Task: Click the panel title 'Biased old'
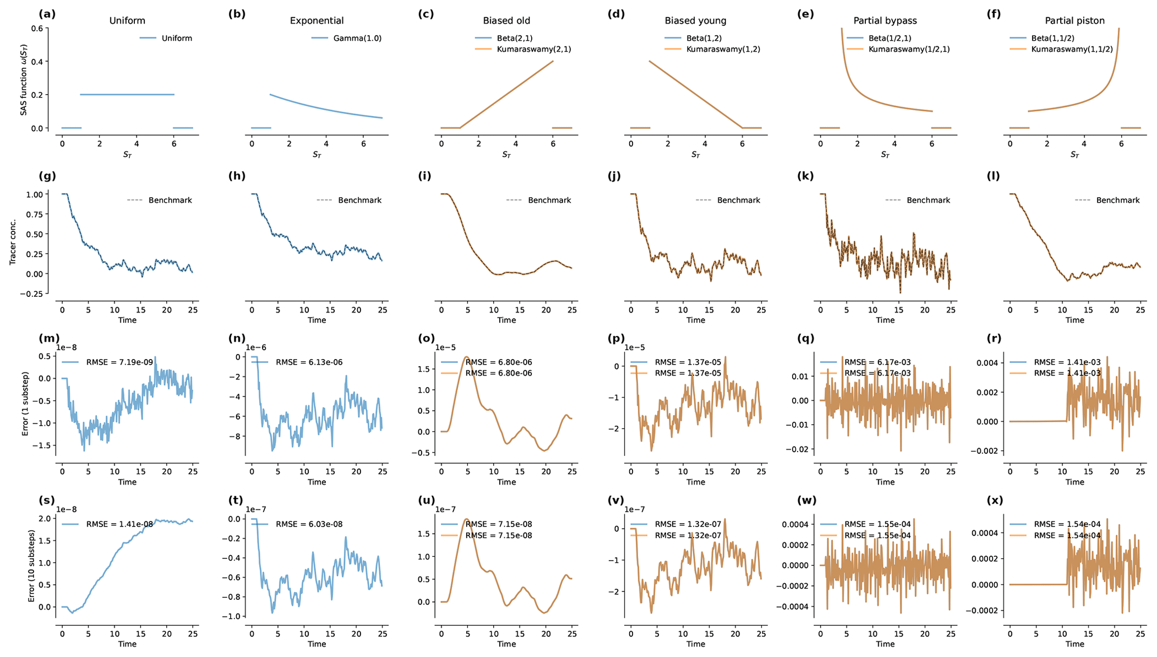click(506, 21)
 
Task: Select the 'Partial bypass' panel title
click(885, 21)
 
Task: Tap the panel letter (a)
click(47, 14)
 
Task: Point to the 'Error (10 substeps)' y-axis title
click(32, 566)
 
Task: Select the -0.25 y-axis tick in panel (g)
click(35, 293)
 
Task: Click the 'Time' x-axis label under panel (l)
click(1074, 320)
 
